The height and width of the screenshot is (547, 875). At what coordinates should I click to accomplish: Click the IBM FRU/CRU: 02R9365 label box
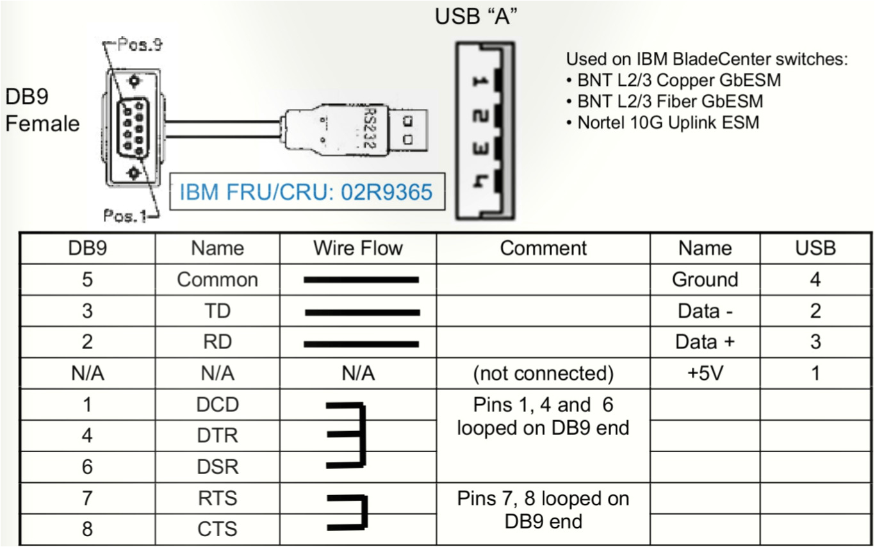[306, 191]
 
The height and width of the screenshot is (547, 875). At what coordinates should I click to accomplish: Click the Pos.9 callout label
[140, 45]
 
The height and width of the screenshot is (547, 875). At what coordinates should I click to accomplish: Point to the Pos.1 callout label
[125, 216]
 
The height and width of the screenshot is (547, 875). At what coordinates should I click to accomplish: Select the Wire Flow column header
[357, 248]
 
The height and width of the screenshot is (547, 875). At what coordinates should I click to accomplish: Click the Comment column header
[543, 248]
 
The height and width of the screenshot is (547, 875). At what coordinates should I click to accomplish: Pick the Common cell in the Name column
[217, 279]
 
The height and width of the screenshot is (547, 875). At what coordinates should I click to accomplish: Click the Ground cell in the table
[705, 279]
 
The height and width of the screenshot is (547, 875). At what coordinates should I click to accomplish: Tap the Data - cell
[705, 311]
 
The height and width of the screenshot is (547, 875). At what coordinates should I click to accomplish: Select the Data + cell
[705, 341]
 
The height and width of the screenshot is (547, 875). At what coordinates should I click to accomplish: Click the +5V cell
[705, 373]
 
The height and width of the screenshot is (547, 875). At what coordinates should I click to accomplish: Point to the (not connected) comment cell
[543, 373]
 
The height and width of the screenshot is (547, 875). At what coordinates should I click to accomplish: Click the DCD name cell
[217, 404]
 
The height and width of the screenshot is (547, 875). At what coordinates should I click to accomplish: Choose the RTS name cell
[217, 498]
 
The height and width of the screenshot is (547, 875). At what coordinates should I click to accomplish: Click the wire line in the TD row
[362, 313]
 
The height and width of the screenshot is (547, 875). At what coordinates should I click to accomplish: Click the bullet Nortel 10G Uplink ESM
[663, 122]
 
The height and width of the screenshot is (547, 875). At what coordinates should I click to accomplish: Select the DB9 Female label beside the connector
[42, 110]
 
